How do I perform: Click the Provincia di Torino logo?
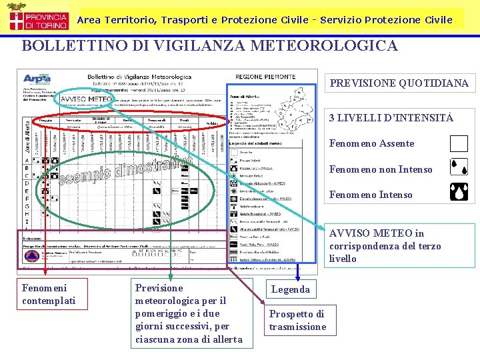tap(37, 18)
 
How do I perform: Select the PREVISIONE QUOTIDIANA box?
tap(399, 83)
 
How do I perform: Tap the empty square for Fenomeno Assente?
tap(459, 144)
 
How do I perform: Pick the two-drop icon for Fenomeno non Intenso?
tap(459, 169)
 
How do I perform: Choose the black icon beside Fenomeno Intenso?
tap(459, 194)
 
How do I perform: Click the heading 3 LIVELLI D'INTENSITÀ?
tap(391, 118)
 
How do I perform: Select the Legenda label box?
tap(290, 289)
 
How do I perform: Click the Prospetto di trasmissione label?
tap(297, 320)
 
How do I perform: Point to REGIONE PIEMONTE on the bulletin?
tap(262, 77)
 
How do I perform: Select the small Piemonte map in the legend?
tap(286, 106)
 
